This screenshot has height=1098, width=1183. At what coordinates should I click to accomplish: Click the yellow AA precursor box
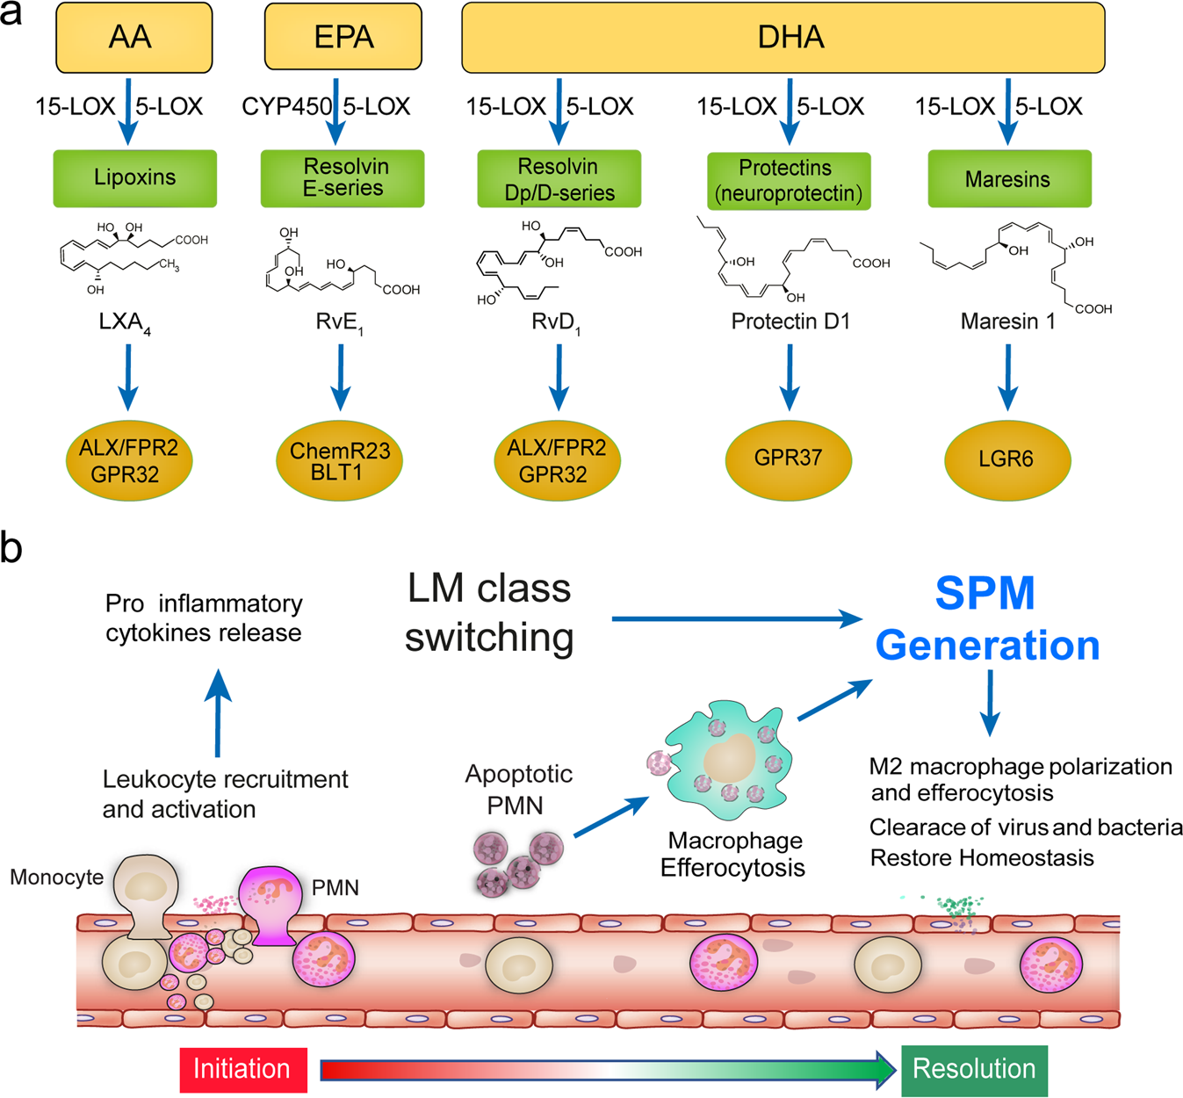click(x=133, y=38)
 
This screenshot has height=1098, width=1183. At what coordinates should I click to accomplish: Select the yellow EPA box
click(x=343, y=38)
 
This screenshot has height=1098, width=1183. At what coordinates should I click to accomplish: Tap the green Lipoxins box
click(x=134, y=178)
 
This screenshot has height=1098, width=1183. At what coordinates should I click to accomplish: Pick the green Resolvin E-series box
click(x=343, y=178)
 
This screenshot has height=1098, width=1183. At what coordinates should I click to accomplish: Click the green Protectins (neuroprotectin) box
click(x=789, y=181)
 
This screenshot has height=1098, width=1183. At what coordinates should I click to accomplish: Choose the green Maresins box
click(x=1009, y=179)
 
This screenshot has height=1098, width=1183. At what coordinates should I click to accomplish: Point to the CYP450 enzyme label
click(x=286, y=107)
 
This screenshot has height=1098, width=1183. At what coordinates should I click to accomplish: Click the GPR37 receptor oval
click(x=788, y=459)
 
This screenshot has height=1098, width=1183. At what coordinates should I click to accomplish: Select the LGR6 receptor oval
click(x=1006, y=459)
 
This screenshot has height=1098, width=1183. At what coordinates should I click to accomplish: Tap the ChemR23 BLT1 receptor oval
click(x=339, y=461)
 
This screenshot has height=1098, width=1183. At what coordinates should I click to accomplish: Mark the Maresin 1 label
click(x=1007, y=321)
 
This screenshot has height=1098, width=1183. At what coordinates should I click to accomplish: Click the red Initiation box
click(x=243, y=1069)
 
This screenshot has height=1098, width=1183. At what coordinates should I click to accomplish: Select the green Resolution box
click(x=974, y=1070)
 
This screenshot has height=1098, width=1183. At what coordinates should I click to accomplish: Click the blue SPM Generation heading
click(x=987, y=619)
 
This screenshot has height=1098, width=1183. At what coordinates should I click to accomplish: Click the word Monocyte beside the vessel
click(x=57, y=877)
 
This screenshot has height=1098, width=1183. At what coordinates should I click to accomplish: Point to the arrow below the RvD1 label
click(x=559, y=378)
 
